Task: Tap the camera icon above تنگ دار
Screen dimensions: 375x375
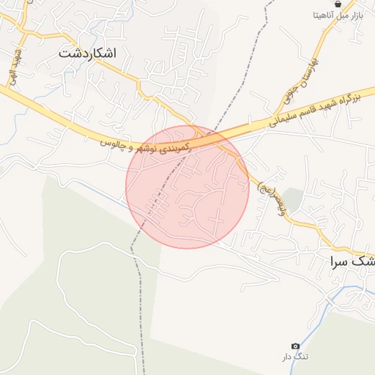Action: coord(296,346)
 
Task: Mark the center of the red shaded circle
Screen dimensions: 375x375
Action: coord(187,187)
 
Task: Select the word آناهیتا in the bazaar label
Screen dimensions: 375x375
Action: coord(324,15)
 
